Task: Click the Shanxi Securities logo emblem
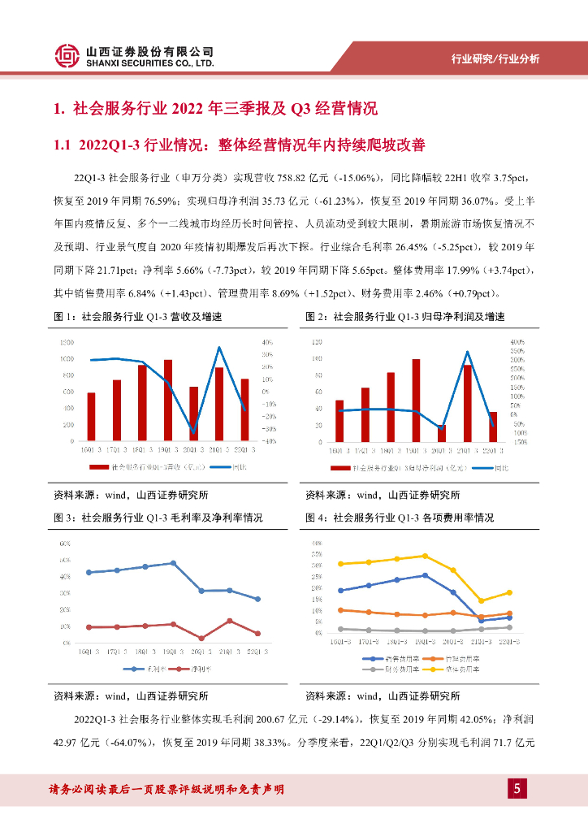tap(67, 55)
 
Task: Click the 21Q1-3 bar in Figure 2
tap(467, 403)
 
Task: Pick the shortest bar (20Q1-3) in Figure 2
tap(442, 433)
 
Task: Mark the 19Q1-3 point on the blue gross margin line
tap(173, 563)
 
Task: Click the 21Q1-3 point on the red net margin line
tap(229, 621)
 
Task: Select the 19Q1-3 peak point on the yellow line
tap(426, 556)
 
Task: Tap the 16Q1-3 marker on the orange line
tap(341, 609)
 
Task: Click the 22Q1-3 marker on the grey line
tap(509, 626)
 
